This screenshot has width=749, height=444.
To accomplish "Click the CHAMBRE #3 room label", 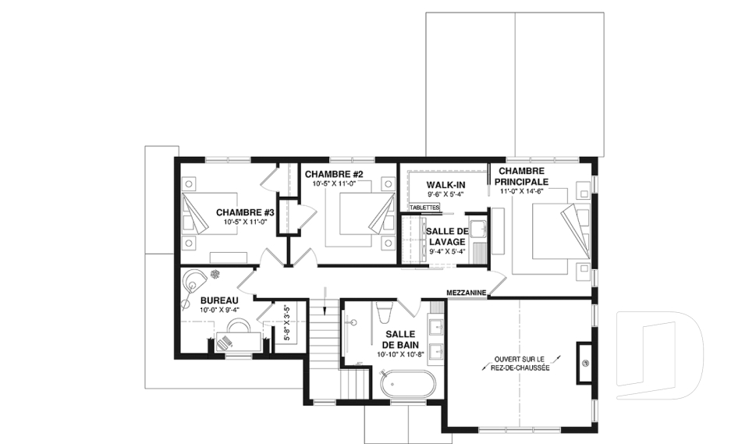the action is click(x=245, y=212).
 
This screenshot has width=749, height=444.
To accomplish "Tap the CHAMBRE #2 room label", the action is click(x=334, y=174).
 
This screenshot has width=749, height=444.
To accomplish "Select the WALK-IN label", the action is click(x=445, y=185).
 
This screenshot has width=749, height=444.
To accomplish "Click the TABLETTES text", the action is click(x=424, y=208).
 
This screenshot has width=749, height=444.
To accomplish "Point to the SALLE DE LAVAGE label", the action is click(x=447, y=236).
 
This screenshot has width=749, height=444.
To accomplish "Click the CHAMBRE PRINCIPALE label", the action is click(x=521, y=176).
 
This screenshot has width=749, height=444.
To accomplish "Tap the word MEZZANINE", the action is click(x=467, y=293).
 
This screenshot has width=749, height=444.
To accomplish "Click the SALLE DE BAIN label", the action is click(x=400, y=339).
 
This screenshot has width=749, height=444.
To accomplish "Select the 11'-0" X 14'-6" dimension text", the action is click(x=522, y=191).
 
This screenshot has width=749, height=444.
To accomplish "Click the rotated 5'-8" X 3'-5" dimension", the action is click(x=287, y=322).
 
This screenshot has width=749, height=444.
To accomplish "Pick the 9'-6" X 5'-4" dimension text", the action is click(x=445, y=194).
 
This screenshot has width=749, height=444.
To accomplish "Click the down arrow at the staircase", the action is click(x=325, y=300).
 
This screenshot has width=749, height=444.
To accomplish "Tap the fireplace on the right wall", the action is click(x=584, y=362).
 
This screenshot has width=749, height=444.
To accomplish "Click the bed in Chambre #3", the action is click(x=210, y=213).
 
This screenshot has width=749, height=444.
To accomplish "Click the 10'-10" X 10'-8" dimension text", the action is click(x=400, y=354).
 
